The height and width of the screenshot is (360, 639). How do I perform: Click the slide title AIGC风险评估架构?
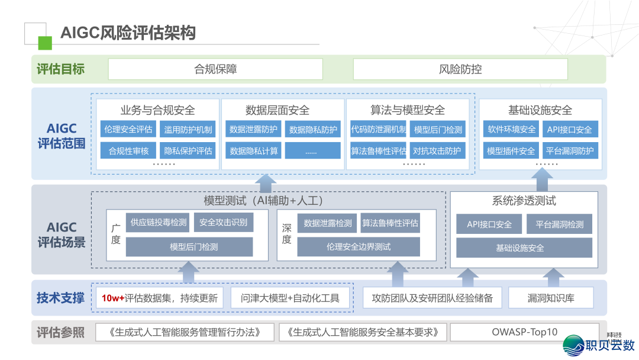(x=128, y=33)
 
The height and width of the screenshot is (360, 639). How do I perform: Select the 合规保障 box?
(x=215, y=69)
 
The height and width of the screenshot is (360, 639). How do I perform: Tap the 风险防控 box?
(x=460, y=69)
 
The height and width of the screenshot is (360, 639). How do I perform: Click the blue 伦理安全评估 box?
(x=128, y=130)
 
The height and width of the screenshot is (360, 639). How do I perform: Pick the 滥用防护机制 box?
(x=188, y=130)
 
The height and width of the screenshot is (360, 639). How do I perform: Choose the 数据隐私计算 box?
(x=254, y=150)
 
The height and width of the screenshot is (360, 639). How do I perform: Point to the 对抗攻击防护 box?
(x=437, y=150)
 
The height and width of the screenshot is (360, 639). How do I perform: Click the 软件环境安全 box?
(x=511, y=130)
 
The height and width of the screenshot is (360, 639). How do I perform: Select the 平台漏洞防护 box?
(x=570, y=150)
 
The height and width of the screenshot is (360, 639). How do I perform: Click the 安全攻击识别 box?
(x=223, y=223)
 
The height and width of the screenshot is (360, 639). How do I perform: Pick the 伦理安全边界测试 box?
(x=359, y=246)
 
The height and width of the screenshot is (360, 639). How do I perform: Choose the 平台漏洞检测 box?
(x=559, y=224)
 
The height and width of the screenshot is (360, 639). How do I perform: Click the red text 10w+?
(x=113, y=298)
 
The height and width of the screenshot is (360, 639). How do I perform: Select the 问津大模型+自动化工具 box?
(x=291, y=298)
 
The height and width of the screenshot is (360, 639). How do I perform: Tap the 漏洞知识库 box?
(x=551, y=298)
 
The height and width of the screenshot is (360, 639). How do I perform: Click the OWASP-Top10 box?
(x=524, y=332)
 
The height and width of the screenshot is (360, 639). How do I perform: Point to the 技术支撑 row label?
(x=60, y=298)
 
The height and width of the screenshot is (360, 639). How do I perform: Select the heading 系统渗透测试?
(x=524, y=201)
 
